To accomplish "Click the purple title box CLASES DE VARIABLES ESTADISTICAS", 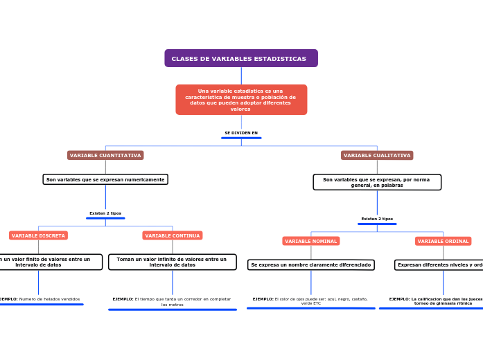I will tap(240, 58).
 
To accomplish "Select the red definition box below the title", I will tap(240, 100).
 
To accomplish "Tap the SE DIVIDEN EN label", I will tap(241, 133).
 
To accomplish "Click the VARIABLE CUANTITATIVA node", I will tap(105, 156).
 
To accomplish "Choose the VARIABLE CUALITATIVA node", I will tap(377, 156).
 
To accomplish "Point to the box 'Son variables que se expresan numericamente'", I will tap(105, 179).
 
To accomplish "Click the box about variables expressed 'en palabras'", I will tap(377, 182).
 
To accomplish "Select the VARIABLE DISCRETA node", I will tap(38, 235).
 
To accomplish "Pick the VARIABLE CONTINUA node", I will tap(173, 235).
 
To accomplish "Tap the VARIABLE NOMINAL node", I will tap(311, 241).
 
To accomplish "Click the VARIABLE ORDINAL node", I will tap(444, 241).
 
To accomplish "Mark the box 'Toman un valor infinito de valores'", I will tap(172, 262).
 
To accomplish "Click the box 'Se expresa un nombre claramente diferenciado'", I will tap(311, 265).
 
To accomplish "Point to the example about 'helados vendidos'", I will tap(40, 300).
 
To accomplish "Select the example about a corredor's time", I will tap(172, 302).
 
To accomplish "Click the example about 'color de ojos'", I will tap(310, 301).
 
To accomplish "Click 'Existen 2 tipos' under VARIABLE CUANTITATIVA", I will tap(105, 213).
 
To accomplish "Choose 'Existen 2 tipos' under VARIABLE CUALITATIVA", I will tap(377, 219).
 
